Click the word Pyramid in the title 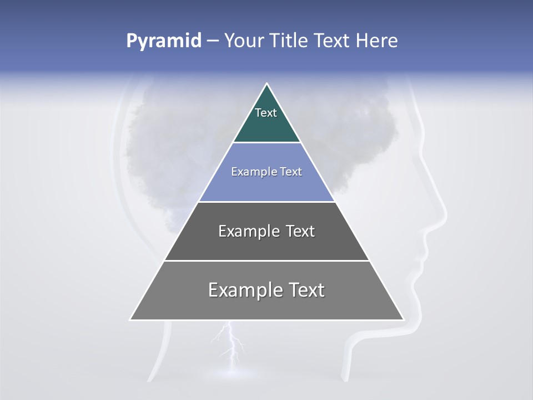163,41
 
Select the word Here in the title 377,41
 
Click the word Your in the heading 243,41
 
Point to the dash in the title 212,41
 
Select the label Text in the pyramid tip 266,113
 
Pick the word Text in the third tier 300,231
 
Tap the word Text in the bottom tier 307,290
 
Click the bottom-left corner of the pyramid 130,319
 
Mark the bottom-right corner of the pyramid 404,319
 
